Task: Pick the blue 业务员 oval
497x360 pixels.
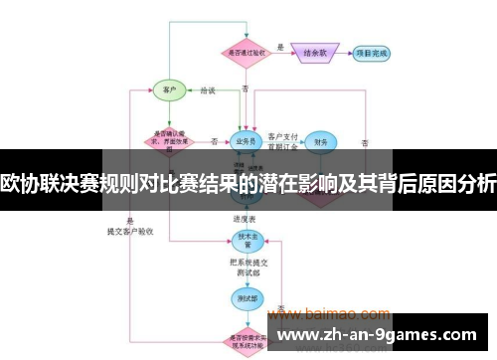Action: pos(244,141)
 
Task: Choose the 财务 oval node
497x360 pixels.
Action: pos(321,142)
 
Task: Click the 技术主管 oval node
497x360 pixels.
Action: pos(245,240)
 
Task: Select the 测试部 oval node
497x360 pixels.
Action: pos(245,296)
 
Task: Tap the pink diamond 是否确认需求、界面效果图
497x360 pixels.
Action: pos(168,140)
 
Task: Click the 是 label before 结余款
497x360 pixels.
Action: pos(280,46)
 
